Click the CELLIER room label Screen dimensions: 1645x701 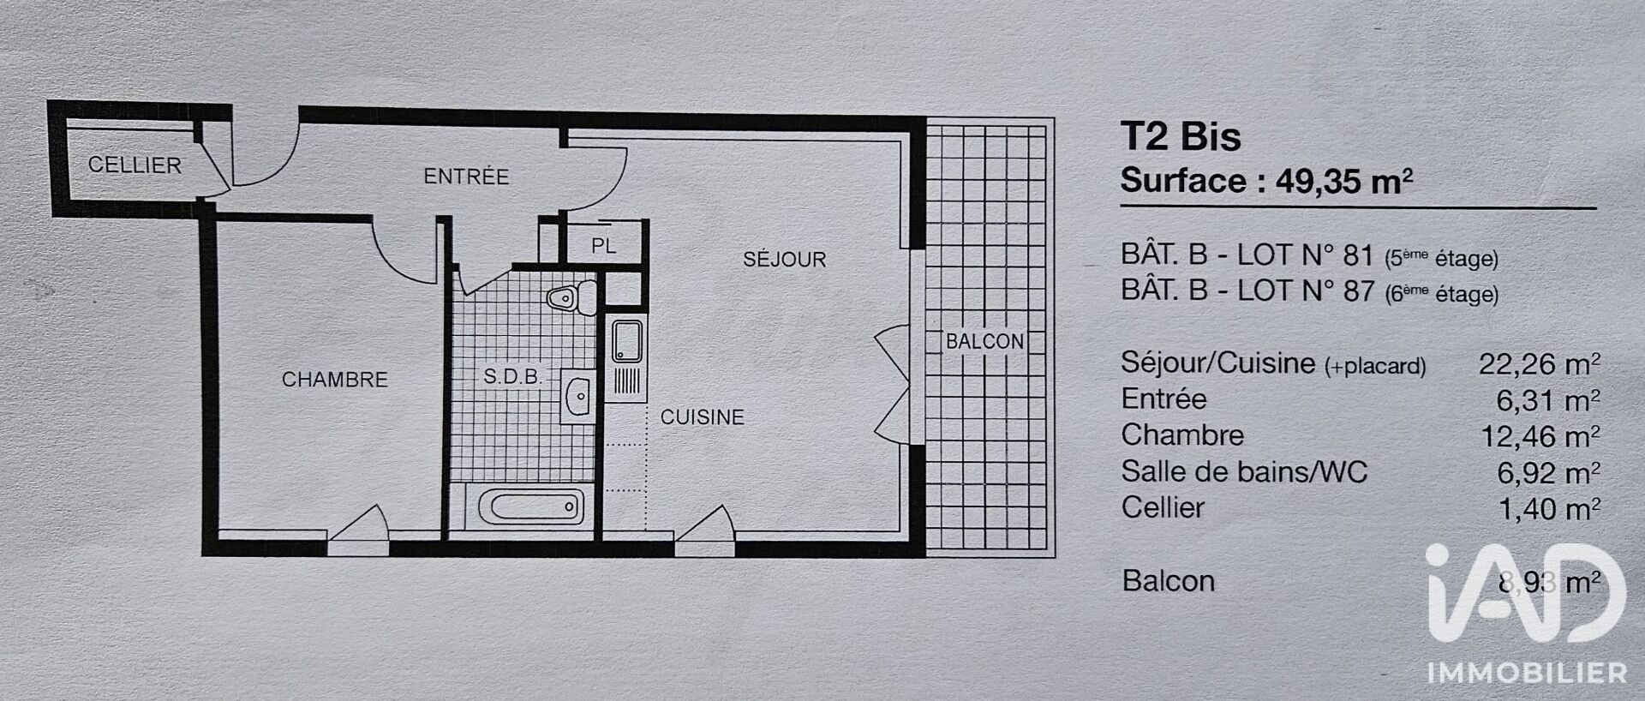click(x=135, y=165)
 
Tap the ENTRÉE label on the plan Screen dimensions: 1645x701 click(x=466, y=177)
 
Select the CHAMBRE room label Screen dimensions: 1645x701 click(x=335, y=380)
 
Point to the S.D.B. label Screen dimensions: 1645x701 click(x=512, y=377)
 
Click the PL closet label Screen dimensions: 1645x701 click(x=603, y=246)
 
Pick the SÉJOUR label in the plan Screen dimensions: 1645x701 click(x=784, y=260)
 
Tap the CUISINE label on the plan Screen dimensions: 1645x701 click(x=702, y=417)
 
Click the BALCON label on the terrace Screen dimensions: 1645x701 click(x=984, y=341)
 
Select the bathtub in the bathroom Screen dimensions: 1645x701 click(x=531, y=507)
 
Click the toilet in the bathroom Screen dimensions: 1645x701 click(x=572, y=297)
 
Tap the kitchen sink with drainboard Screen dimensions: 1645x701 click(x=627, y=361)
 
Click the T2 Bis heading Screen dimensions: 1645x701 click(x=1181, y=137)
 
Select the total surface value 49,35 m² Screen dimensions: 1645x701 click(x=1344, y=182)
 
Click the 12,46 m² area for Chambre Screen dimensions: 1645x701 click(x=1540, y=437)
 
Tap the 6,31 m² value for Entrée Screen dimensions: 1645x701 click(x=1548, y=400)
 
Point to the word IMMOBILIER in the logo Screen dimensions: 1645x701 click(x=1528, y=673)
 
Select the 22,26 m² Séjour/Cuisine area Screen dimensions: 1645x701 click(x=1540, y=364)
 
